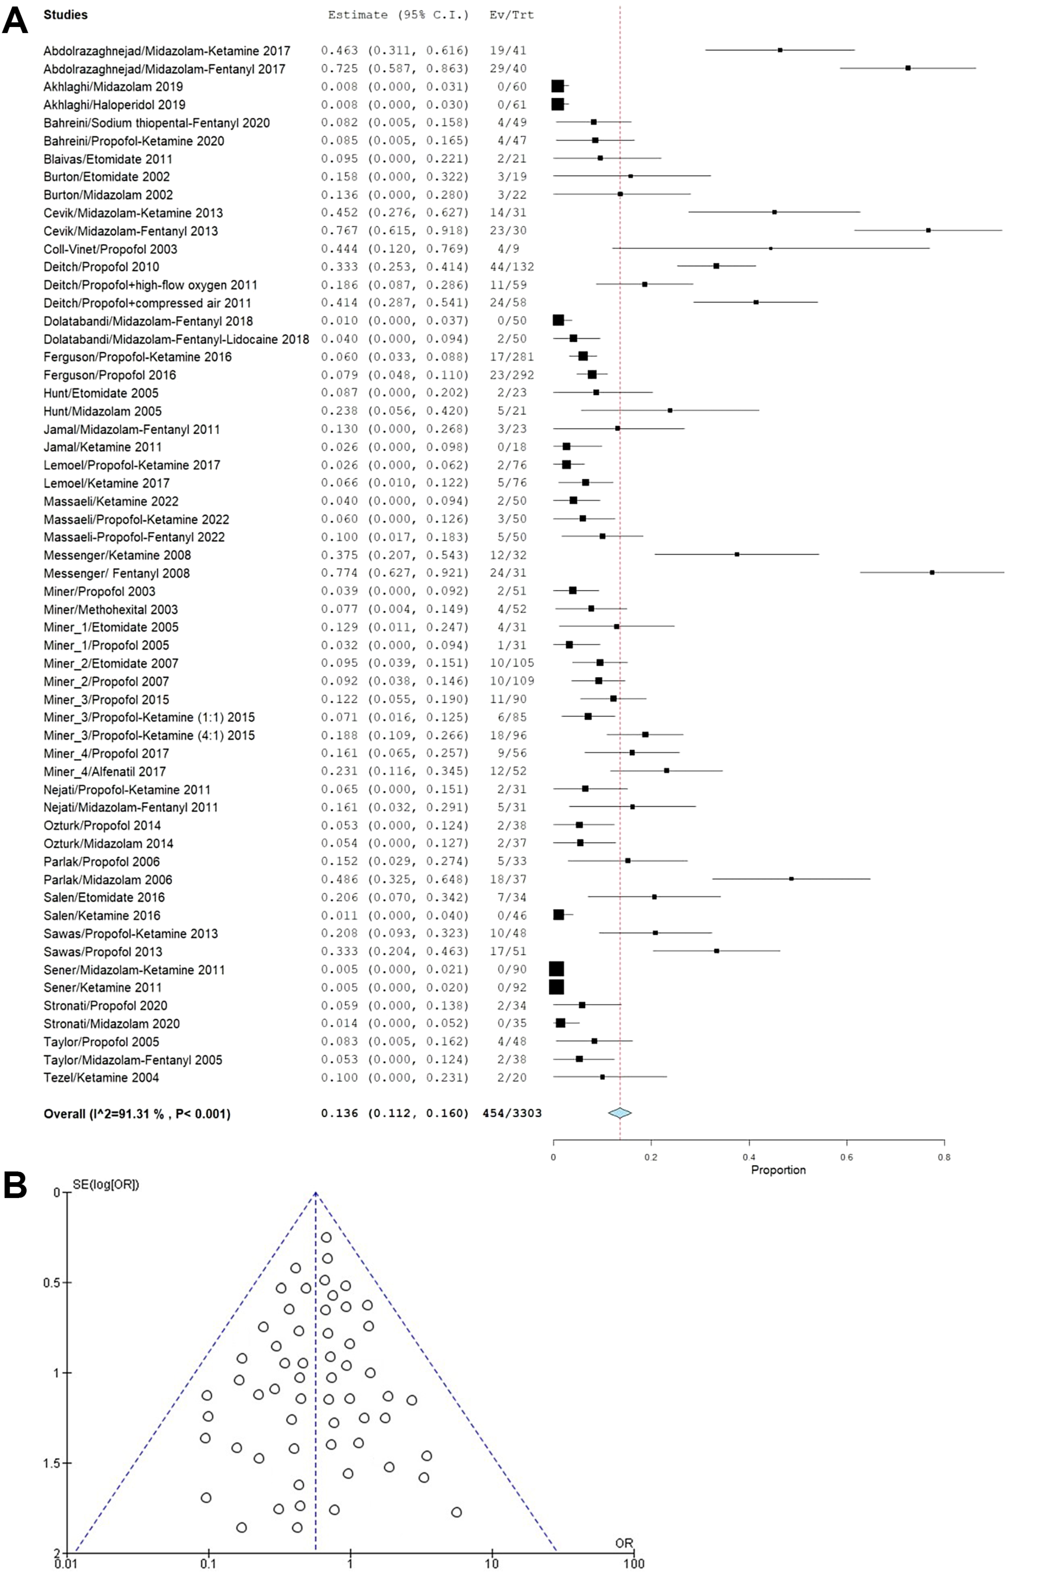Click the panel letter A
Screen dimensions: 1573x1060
[x=15, y=20]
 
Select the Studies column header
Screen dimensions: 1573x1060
[x=66, y=14]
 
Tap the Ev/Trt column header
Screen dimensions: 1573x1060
[x=512, y=14]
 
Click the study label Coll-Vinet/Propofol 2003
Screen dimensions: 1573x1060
[x=110, y=249]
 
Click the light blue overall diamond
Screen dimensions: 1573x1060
[x=620, y=1113]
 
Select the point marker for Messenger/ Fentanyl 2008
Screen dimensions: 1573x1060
[x=932, y=572]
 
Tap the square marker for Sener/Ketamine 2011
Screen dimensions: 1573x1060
[x=556, y=987]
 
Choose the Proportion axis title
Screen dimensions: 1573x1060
[x=778, y=1169]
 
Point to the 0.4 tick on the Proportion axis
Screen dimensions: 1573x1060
[x=749, y=1157]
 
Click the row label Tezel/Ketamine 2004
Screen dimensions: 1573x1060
[x=101, y=1077]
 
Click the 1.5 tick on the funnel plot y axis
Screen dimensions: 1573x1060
[x=52, y=1463]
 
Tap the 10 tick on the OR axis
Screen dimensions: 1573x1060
[x=492, y=1563]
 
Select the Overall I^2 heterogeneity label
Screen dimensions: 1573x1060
[x=137, y=1113]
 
